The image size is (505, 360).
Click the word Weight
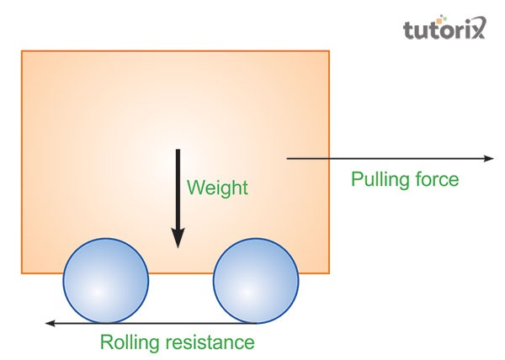pos(217,188)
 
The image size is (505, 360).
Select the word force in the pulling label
pos(438,180)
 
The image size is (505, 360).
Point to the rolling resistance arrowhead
pos(50,323)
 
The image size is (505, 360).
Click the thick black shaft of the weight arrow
pos(178,189)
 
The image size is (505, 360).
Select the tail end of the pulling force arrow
pos(289,158)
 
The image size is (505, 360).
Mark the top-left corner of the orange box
pos(22,51)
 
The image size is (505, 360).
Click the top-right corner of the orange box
pos(328,51)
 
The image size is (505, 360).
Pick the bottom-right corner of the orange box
pos(328,273)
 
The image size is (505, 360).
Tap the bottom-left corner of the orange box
pos(22,273)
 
